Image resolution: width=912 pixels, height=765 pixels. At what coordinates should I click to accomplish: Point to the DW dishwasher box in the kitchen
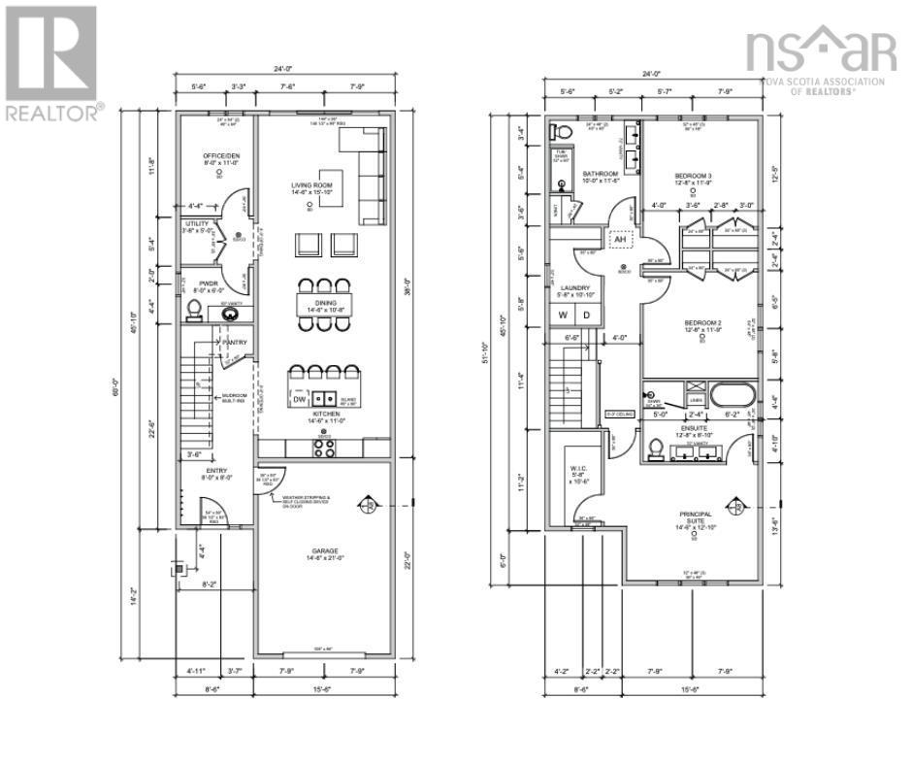point(301,398)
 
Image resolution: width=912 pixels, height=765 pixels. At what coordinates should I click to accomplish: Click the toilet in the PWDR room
point(194,310)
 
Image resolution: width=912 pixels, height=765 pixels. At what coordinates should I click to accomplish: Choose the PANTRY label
point(235,343)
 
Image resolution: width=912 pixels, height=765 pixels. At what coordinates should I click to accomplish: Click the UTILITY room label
point(197,224)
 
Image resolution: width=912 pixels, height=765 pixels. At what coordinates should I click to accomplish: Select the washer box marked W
point(562,316)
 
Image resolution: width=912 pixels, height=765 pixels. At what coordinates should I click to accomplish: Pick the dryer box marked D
point(586,316)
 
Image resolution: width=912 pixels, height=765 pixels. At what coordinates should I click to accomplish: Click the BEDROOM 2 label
point(702,323)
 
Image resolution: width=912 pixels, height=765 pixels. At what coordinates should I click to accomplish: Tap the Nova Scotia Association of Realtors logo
point(820,60)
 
